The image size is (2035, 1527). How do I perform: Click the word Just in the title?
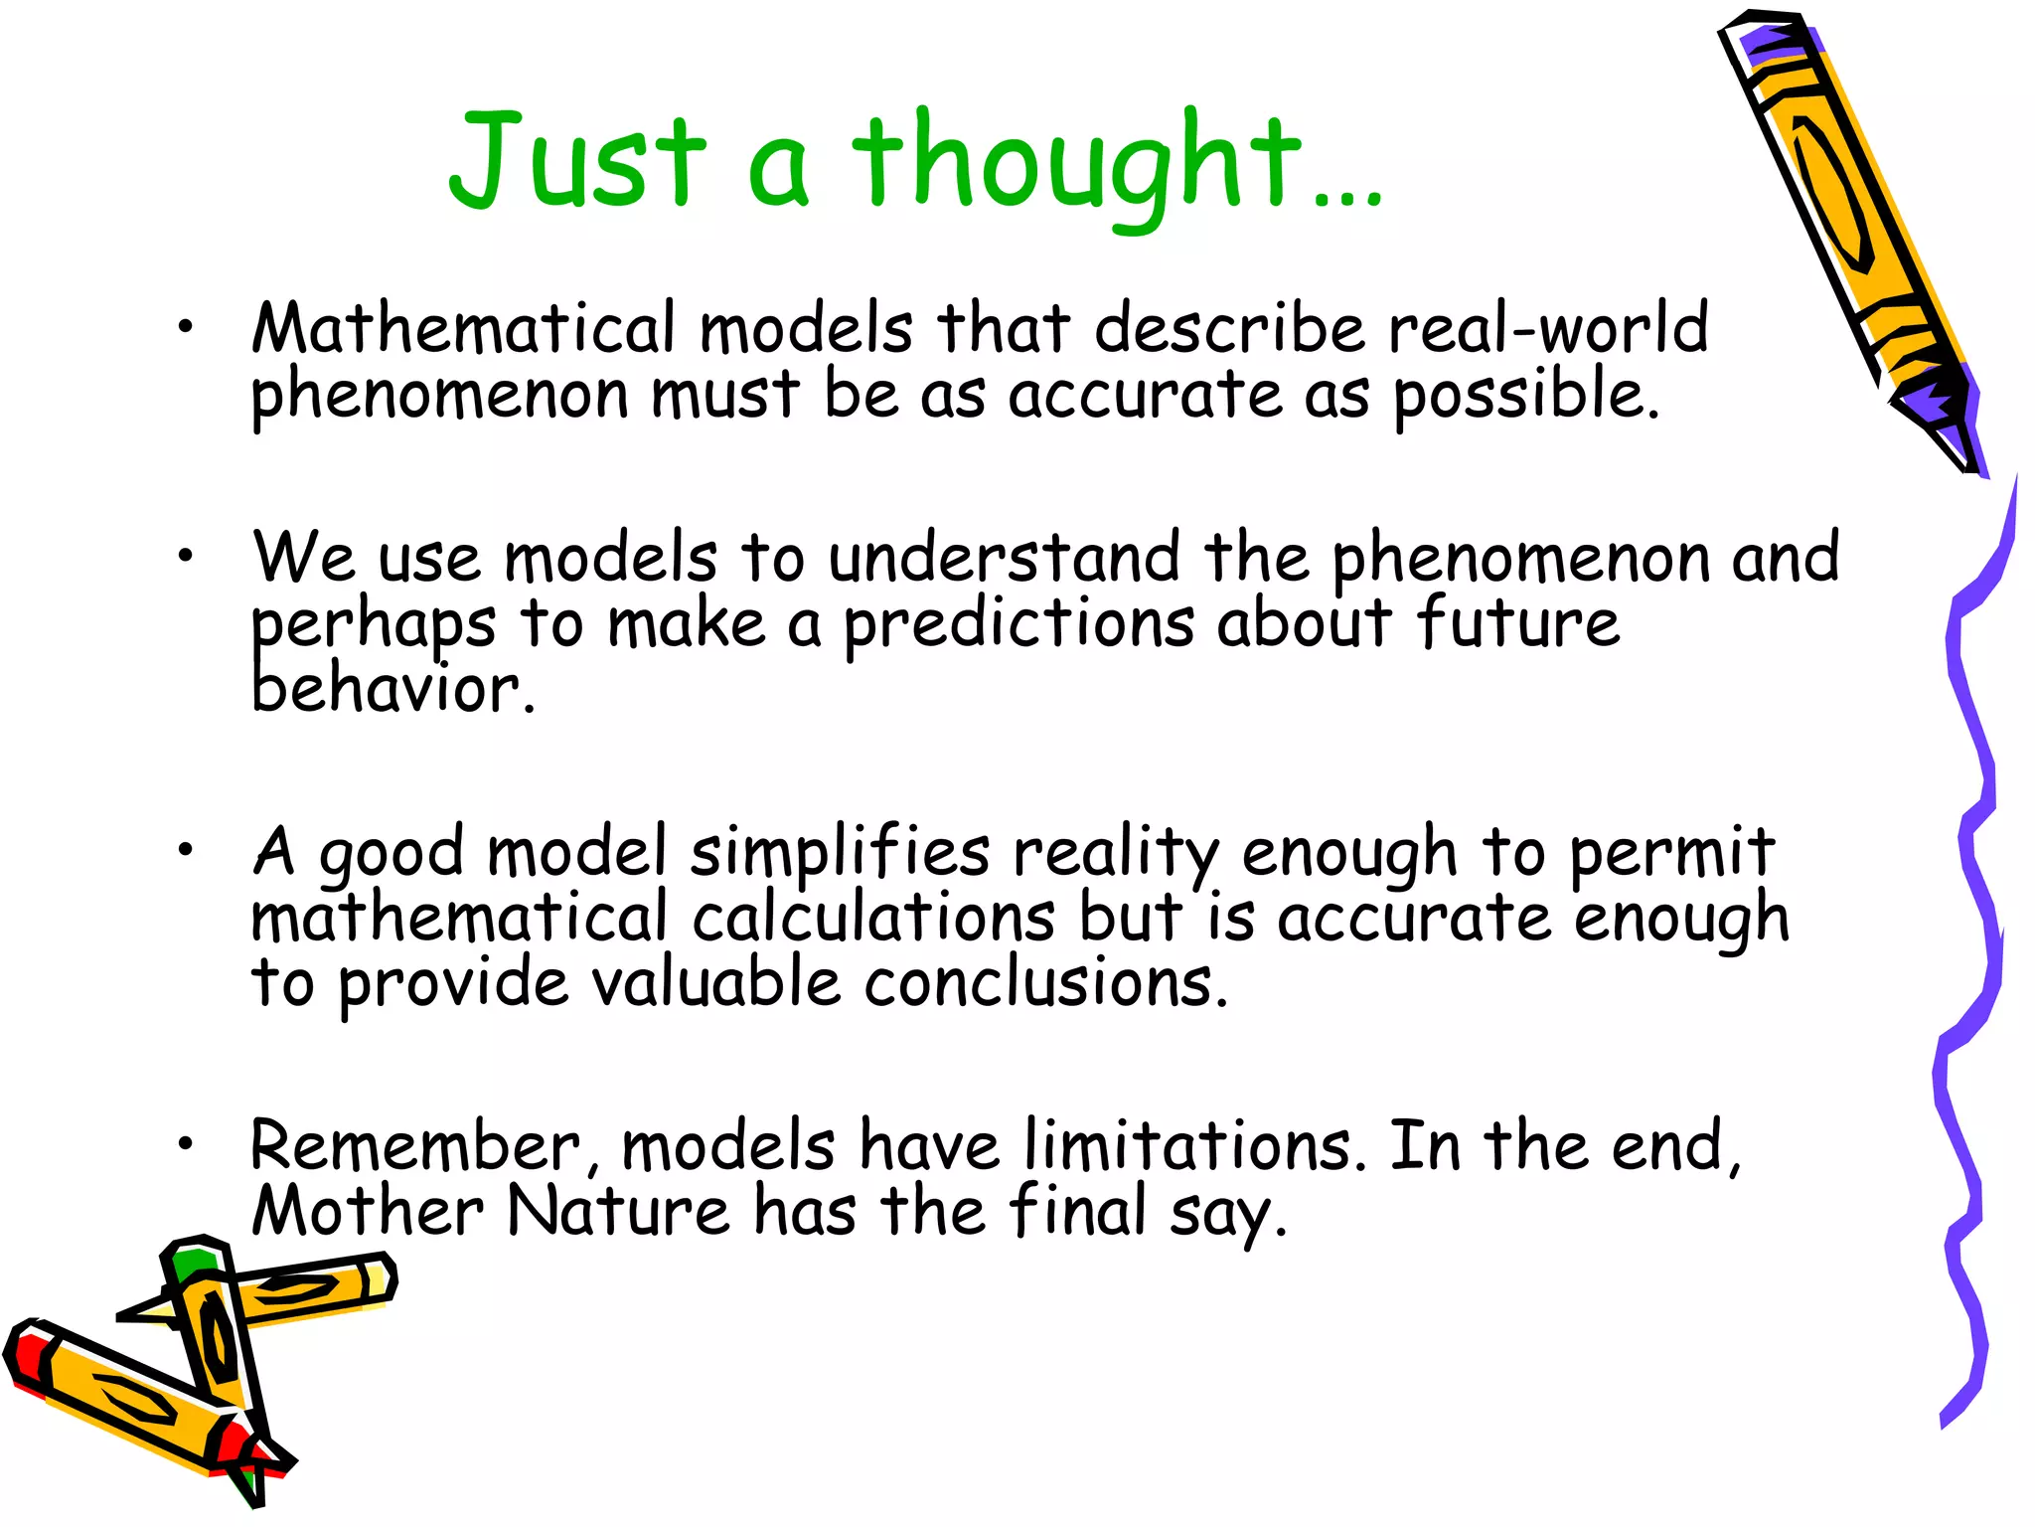click(x=576, y=161)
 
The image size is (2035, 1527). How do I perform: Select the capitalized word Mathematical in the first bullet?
click(x=463, y=328)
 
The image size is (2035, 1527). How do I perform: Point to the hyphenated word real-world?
click(x=1548, y=328)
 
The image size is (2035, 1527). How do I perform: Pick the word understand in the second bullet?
click(x=1005, y=558)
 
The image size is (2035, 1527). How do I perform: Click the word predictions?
click(x=1018, y=625)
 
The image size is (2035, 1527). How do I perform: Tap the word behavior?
click(x=392, y=689)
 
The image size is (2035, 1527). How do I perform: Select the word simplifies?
click(x=840, y=853)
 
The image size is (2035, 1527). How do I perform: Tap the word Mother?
click(x=368, y=1211)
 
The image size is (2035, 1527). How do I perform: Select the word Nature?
click(x=618, y=1211)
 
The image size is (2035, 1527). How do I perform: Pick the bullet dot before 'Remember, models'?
click(x=186, y=1144)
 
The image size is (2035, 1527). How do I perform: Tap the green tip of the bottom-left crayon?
click(x=189, y=1263)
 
